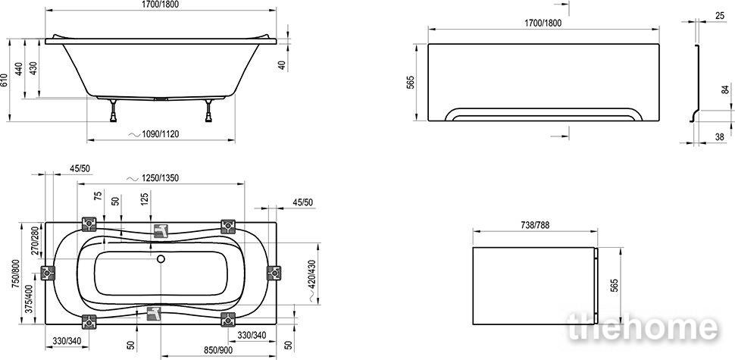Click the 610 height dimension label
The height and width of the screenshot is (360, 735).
coord(5,80)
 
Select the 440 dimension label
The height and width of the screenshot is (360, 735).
coord(19,69)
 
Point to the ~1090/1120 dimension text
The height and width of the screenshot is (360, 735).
coord(153,134)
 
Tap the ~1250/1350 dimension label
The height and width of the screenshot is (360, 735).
coord(153,178)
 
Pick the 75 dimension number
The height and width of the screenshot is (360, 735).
coord(98,196)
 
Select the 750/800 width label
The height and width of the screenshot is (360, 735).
coord(17,272)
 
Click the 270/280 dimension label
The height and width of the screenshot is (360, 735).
coord(34,240)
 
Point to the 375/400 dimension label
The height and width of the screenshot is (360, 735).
coord(29,299)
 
